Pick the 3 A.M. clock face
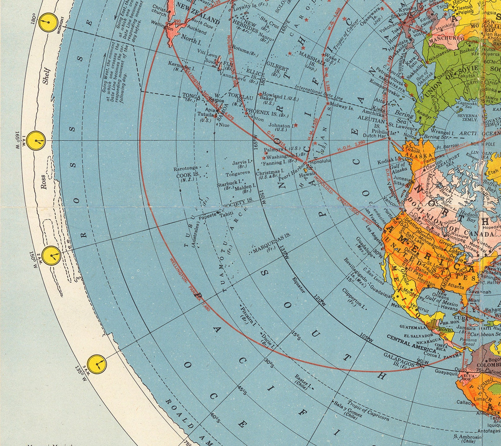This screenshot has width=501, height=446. pyautogui.click(x=97, y=364)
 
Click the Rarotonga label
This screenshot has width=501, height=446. pyautogui.click(x=186, y=168)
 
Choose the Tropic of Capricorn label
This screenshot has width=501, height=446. pyautogui.click(x=368, y=410)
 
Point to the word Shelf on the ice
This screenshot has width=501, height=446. pyautogui.click(x=46, y=76)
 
